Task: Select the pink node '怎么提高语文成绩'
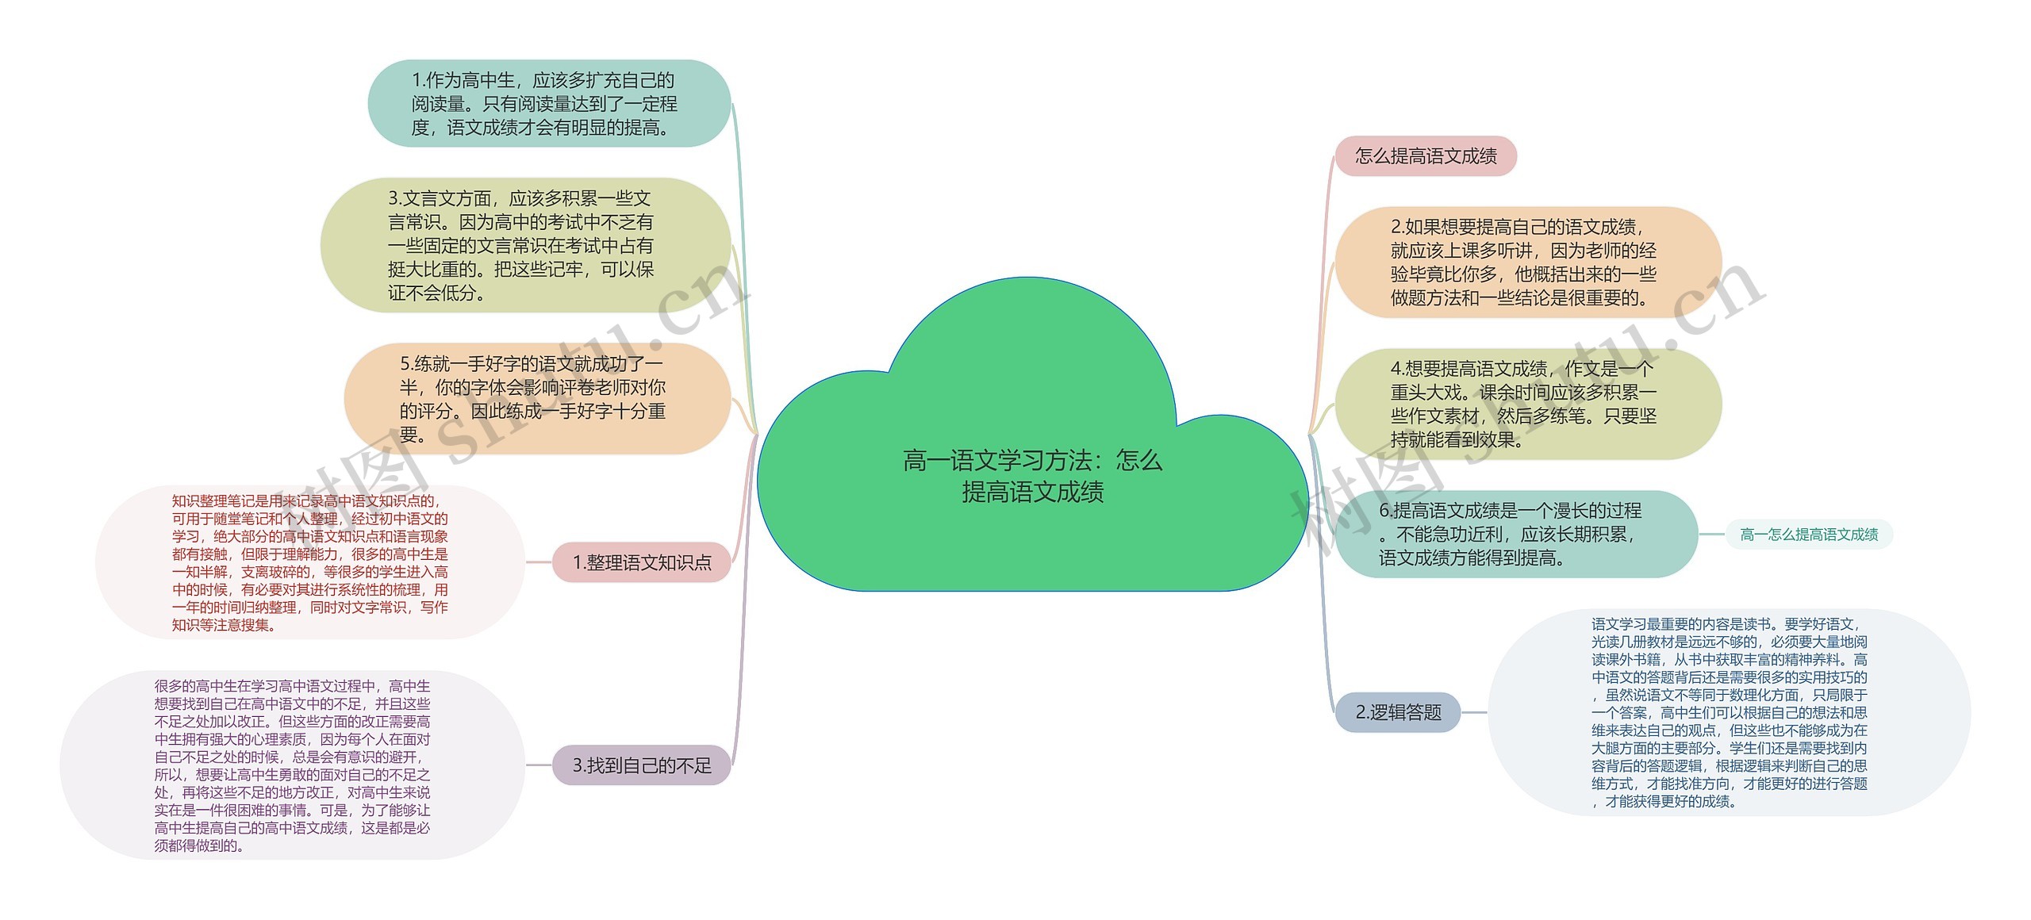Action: (1425, 156)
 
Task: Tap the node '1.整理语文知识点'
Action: (641, 562)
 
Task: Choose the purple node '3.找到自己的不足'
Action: (641, 765)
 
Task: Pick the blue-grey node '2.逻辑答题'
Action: (1398, 712)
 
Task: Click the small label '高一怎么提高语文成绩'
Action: (1809, 535)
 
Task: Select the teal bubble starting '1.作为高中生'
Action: (547, 103)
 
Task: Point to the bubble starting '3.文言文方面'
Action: (524, 245)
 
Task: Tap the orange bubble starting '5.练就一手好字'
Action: (536, 399)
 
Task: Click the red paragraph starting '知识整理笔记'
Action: (310, 562)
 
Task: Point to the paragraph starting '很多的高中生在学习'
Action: (292, 765)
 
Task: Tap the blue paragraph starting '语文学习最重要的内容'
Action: (1730, 712)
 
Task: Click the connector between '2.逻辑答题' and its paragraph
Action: (1474, 712)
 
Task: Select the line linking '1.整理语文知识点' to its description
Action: (539, 562)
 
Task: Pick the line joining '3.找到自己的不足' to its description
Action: (539, 765)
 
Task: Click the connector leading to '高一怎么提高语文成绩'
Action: (1711, 535)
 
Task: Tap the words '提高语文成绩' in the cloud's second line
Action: (1032, 493)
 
